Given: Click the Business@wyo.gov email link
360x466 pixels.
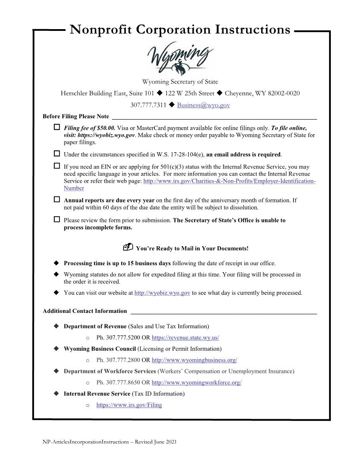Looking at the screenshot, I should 203,105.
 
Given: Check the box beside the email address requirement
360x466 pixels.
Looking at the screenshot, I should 56,154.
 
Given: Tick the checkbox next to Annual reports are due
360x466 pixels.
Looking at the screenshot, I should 56,199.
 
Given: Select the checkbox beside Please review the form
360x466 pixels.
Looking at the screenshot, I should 56,219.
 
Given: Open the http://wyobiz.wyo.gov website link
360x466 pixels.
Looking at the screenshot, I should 162,293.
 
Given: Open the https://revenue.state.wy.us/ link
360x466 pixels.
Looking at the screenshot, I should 185,338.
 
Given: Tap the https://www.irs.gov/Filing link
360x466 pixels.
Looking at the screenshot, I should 129,405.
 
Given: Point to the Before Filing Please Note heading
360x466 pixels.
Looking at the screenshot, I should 76,116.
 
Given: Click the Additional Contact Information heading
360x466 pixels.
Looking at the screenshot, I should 85,311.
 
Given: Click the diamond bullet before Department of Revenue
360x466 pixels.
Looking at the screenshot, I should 56,326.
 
